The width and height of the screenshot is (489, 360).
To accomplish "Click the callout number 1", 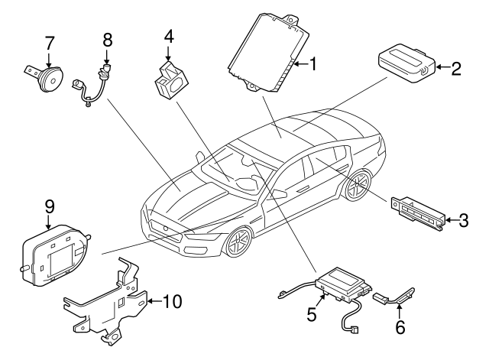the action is pos(313,64).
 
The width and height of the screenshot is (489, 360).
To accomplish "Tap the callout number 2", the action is pos(455,69).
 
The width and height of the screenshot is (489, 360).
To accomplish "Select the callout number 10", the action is pos(172,301).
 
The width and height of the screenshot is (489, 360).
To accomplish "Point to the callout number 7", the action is pos(50,44).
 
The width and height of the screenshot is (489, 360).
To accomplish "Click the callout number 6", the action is pos(400,327).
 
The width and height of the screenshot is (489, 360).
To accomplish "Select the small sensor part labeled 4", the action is pos(171,80).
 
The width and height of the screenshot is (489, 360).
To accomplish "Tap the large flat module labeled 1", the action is pos(270,53).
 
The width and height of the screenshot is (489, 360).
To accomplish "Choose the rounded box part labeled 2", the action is pos(406,63).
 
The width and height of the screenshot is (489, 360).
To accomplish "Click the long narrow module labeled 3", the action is pos(417,213).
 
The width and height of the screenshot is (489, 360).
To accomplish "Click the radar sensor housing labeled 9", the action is pos(55,255).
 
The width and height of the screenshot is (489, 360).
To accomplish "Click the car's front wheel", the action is pos(239,242).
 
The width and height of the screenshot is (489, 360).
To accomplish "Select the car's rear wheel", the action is pos(358,186).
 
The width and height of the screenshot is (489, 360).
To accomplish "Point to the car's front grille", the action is pos(165,230).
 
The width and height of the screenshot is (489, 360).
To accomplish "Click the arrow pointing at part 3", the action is pos(452,220).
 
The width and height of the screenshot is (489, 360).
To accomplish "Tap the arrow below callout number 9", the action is pos(48,223).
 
